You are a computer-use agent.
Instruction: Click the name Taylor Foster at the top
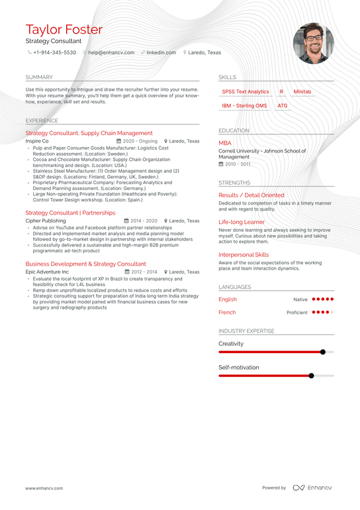tap(64, 30)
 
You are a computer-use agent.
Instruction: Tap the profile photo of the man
tap(313, 43)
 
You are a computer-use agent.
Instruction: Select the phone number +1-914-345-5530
tap(55, 52)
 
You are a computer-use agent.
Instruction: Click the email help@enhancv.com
tap(111, 52)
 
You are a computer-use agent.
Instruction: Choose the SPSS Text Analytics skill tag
tap(246, 92)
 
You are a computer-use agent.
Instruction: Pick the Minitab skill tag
tap(302, 92)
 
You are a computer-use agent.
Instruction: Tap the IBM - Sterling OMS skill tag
tap(244, 106)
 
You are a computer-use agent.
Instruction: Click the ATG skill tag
tap(283, 106)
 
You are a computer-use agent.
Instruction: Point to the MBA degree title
tap(225, 143)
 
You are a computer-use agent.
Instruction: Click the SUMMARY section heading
tap(39, 77)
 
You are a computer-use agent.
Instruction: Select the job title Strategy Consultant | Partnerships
tap(70, 213)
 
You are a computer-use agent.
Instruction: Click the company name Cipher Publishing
tap(46, 221)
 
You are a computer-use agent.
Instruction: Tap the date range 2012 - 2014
tap(144, 272)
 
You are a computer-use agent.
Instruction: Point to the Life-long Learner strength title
tap(242, 223)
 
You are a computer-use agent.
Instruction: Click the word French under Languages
tap(227, 313)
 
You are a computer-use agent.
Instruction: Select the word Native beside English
tap(300, 299)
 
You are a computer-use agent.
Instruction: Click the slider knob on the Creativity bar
tap(323, 352)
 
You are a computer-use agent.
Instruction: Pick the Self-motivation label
tap(239, 368)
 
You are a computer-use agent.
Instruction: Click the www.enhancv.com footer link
tap(44, 488)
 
